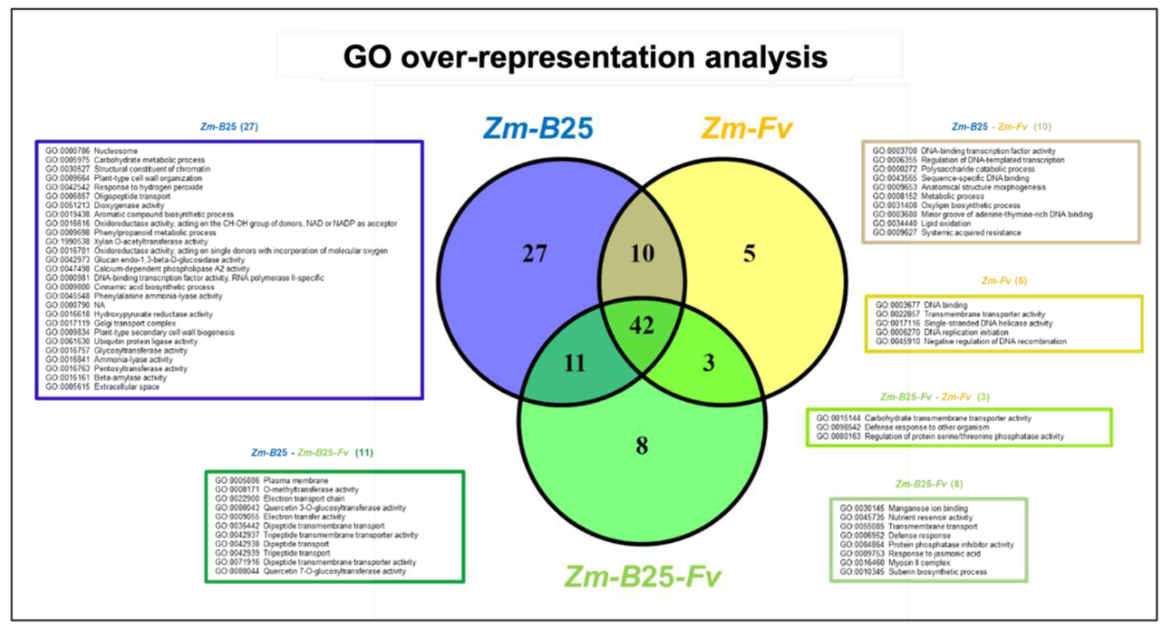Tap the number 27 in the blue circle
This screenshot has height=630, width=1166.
point(535,254)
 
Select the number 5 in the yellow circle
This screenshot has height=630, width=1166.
point(749,254)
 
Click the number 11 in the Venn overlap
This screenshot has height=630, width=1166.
point(575,363)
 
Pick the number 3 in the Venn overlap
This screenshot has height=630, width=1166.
point(708,363)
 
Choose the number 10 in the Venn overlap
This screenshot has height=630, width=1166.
point(642,254)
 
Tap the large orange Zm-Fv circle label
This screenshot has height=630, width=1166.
point(747,128)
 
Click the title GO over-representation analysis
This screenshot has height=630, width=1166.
point(585,58)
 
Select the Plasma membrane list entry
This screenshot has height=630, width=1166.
point(296,480)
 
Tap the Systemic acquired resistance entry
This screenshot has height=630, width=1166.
point(971,233)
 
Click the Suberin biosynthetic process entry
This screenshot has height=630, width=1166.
point(937,572)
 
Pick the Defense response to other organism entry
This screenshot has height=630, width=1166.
point(926,427)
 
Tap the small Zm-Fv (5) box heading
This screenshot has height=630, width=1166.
point(1004,281)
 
